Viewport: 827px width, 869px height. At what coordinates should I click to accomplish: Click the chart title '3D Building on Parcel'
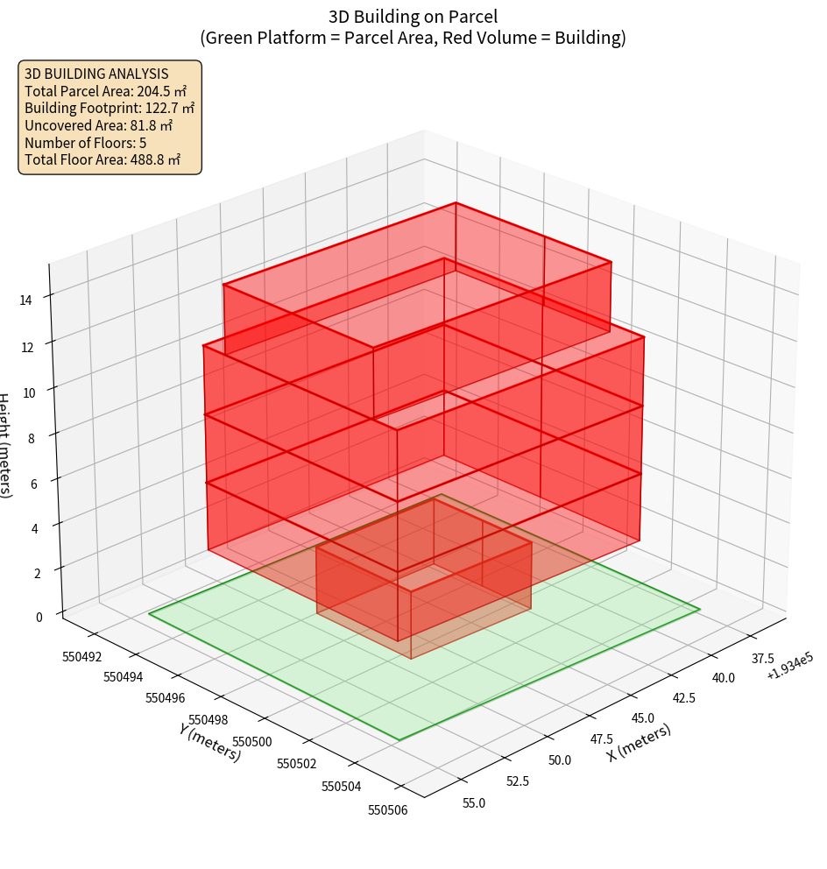click(x=413, y=16)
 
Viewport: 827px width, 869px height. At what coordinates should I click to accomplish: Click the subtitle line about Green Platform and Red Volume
click(x=413, y=38)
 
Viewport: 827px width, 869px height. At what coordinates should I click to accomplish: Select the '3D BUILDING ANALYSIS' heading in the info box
click(x=96, y=74)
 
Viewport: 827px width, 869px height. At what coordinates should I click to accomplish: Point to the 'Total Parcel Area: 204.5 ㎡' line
click(x=105, y=91)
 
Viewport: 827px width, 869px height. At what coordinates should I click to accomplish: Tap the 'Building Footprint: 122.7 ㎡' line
click(x=110, y=109)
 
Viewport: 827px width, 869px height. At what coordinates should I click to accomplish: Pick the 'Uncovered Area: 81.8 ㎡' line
click(x=99, y=125)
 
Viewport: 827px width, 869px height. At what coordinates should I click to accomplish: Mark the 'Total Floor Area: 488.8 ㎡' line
click(x=102, y=159)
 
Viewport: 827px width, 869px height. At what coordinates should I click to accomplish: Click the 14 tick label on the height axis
click(x=26, y=300)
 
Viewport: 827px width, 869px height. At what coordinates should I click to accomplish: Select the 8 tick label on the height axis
click(x=32, y=436)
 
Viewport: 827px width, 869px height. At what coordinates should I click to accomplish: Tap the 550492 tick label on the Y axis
click(x=81, y=657)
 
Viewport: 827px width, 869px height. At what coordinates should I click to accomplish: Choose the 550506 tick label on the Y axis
click(x=386, y=809)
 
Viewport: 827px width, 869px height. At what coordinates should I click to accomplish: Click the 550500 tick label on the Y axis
click(x=254, y=742)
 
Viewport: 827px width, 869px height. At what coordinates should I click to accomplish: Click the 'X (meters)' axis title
click(x=640, y=742)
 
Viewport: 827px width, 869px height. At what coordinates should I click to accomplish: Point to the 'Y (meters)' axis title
click(x=210, y=741)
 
